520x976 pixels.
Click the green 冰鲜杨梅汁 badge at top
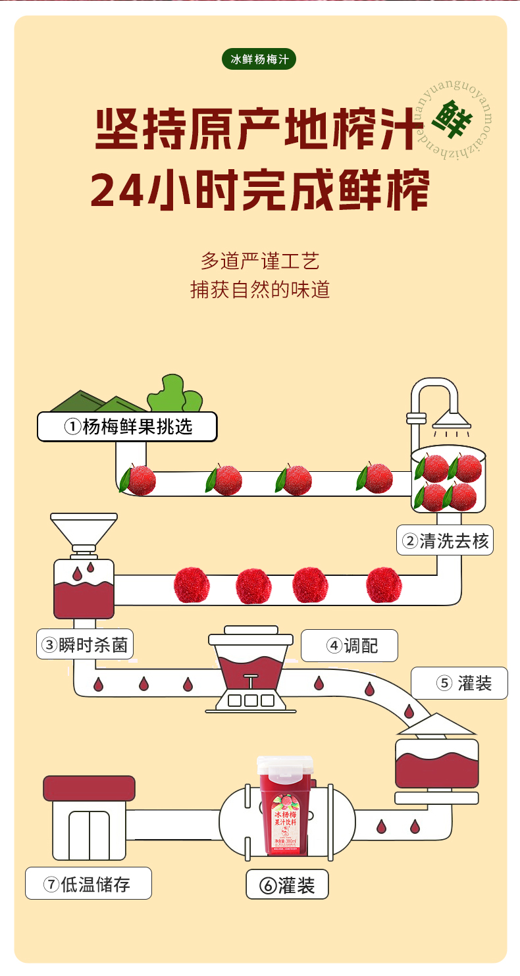(259, 59)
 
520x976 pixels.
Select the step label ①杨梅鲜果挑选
(128, 426)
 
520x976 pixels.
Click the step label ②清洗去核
(446, 540)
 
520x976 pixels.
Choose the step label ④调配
(350, 646)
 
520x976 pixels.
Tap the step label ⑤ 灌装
(460, 683)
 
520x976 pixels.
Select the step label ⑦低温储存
(88, 884)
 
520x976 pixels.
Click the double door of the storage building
(89, 835)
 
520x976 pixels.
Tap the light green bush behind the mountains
(174, 393)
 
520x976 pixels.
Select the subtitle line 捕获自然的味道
(260, 290)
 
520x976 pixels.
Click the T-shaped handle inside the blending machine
(250, 681)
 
